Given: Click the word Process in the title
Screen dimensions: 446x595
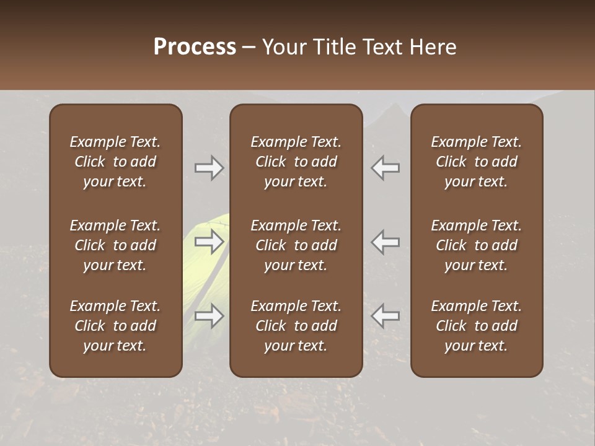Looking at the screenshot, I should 195,47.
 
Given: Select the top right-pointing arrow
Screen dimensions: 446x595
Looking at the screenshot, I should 209,168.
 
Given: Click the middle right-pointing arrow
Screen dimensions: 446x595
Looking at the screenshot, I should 209,242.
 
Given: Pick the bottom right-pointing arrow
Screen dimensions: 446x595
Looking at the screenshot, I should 209,316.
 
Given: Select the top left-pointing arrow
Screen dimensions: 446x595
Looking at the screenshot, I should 385,168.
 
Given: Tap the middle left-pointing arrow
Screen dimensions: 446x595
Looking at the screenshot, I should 385,242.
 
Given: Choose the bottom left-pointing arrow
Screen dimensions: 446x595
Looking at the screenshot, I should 385,316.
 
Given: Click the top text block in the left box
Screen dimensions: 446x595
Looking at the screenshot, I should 115,162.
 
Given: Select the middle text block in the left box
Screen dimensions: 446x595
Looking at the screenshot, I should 115,245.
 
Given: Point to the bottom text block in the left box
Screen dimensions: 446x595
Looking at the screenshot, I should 115,326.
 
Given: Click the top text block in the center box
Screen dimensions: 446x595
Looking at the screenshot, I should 296,162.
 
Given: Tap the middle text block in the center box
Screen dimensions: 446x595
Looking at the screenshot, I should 296,245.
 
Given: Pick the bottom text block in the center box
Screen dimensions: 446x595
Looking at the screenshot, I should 296,326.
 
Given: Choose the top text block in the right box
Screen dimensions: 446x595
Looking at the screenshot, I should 476,162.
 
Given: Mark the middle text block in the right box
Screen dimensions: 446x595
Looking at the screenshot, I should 476,245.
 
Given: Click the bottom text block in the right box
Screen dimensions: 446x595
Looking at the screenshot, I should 476,326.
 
